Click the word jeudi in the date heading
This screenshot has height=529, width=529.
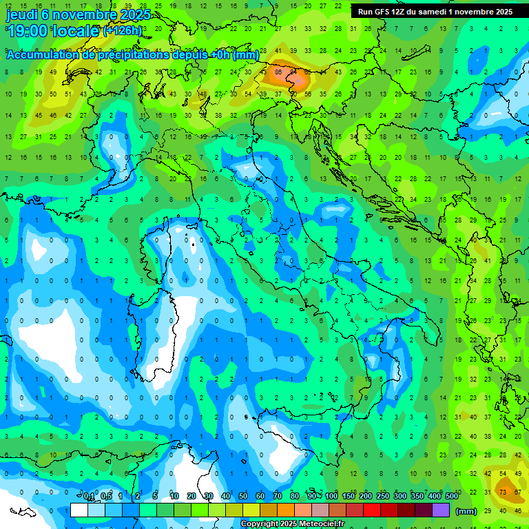[x=21, y=14]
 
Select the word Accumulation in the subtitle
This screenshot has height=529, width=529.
[x=43, y=55]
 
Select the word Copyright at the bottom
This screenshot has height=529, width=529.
[x=259, y=524]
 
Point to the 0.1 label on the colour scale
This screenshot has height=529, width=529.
[x=89, y=497]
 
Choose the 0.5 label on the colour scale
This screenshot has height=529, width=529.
[x=106, y=497]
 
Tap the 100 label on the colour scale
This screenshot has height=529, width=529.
[x=331, y=497]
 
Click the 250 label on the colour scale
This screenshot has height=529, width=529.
[x=383, y=497]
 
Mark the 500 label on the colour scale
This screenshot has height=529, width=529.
[x=452, y=497]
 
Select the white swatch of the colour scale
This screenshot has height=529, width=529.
[x=79, y=510]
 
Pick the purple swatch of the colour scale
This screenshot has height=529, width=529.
[x=441, y=510]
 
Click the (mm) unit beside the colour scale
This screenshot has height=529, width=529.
[x=466, y=511]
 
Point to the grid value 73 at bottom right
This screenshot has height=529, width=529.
[x=504, y=491]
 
